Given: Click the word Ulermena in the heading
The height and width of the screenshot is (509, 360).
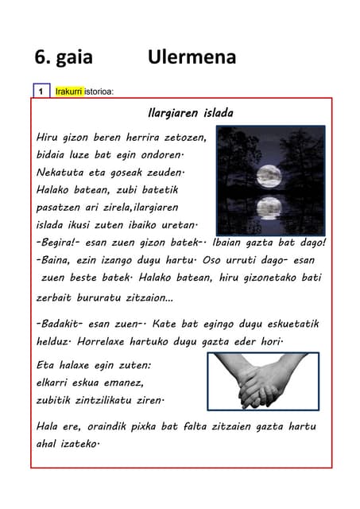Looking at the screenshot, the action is point(192,57).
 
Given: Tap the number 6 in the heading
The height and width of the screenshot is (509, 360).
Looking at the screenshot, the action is point(40,57).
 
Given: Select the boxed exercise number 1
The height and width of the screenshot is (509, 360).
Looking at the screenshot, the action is point(41,91).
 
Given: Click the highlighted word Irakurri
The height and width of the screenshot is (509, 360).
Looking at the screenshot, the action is point(69,91).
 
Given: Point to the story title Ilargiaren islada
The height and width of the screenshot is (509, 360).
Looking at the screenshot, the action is point(191,114).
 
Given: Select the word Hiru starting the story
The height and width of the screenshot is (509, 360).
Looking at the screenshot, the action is point(49,138).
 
